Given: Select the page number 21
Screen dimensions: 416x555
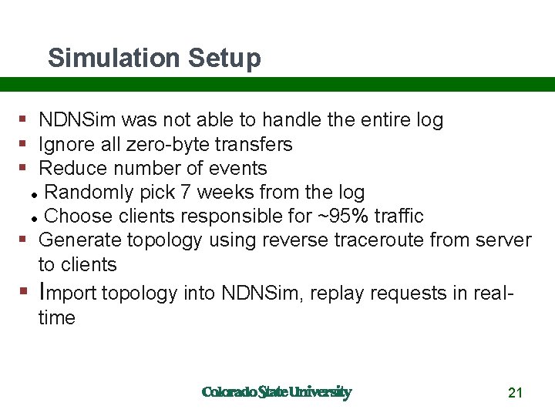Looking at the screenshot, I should pyautogui.click(x=516, y=393).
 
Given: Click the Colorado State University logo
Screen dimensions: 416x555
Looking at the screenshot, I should pyautogui.click(x=277, y=392).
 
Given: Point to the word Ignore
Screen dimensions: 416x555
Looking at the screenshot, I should pyautogui.click(x=68, y=144).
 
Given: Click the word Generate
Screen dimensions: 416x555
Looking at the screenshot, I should pyautogui.click(x=79, y=240).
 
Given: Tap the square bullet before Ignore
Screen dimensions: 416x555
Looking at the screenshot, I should pyautogui.click(x=24, y=144).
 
